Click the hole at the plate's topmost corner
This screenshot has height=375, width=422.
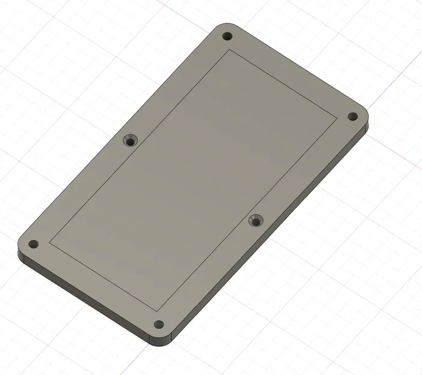pos(227,37)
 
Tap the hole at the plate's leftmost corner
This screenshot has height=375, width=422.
pos(33,244)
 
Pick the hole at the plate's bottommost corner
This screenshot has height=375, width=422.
pos(159,325)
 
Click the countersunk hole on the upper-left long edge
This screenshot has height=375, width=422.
pos(129,140)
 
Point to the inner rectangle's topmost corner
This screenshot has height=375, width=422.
pos(228,50)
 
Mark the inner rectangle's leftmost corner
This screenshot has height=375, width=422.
pos(49,243)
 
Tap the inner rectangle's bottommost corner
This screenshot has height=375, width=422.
pos(157,311)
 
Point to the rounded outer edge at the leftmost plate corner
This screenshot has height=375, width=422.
pos(20,246)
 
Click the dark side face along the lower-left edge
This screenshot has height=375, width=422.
pos(84,295)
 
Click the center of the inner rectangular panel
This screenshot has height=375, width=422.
pos(193,181)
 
